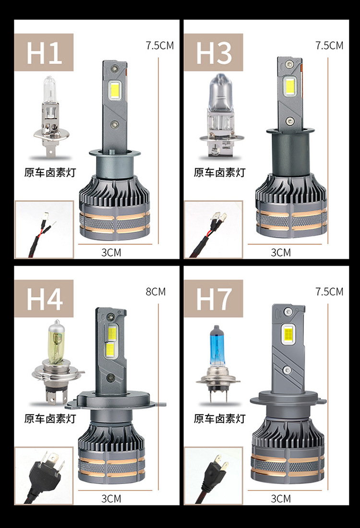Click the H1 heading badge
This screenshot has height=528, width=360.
(44, 52)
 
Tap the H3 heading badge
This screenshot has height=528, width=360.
(213, 52)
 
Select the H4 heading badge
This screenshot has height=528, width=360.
(44, 298)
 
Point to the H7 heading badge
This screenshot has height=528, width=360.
(213, 298)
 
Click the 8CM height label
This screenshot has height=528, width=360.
(156, 292)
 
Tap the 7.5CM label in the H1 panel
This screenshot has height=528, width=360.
(160, 46)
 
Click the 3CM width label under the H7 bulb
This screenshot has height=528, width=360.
(281, 499)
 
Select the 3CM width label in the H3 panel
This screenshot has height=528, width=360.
(281, 252)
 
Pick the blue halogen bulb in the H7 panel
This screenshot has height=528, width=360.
(218, 364)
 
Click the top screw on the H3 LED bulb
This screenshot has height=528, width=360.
(288, 64)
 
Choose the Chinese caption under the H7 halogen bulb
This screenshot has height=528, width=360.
(219, 418)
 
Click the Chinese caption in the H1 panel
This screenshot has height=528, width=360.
(50, 172)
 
